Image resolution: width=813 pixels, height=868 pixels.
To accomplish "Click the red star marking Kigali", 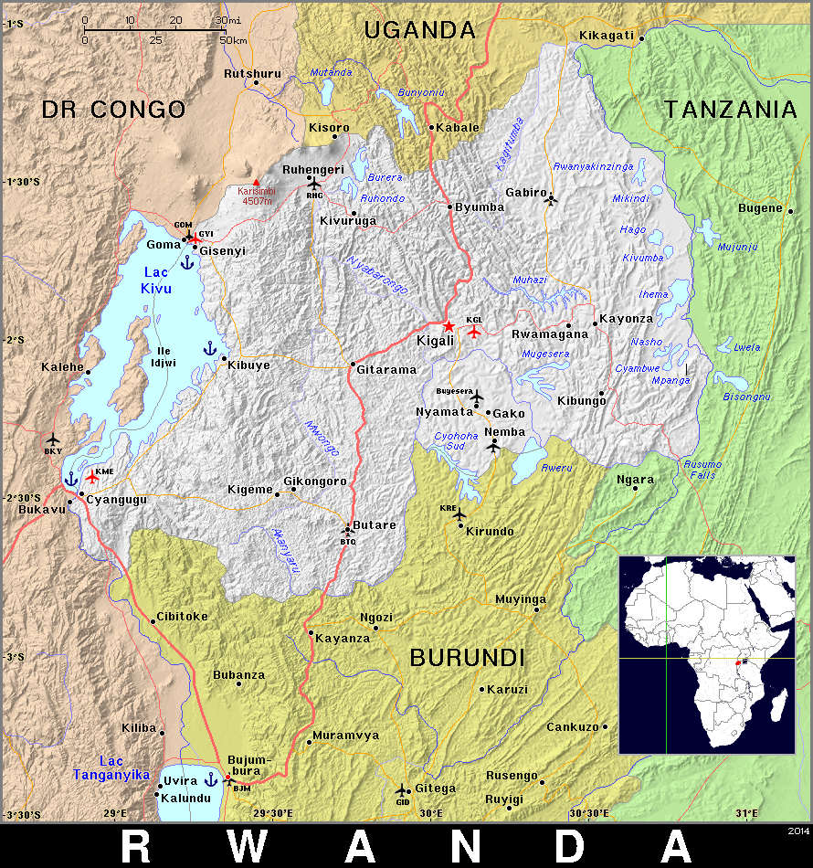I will pos(449,326).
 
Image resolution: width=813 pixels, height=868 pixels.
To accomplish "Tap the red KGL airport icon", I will pos(473,332).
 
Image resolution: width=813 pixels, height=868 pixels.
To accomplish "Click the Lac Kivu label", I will pos(156,281).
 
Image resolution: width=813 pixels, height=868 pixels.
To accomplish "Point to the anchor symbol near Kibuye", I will pos(209,348).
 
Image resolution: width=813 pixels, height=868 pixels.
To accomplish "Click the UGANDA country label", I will pos(419,30).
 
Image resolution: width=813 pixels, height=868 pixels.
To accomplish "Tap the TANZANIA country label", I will pos(731,110).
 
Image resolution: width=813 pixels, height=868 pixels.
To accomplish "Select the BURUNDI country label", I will pos(467,657).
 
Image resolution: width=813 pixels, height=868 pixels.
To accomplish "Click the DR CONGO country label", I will pos(113,111).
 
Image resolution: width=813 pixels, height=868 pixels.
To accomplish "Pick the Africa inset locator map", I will pos(707,654).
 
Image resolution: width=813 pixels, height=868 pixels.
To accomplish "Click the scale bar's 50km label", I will pos(234,40).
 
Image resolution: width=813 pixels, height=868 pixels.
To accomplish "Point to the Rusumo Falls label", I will pos(702,470).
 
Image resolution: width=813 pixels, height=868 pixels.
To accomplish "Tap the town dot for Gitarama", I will pos(353,365).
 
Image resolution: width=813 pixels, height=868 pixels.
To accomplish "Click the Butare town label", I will pos(375,525).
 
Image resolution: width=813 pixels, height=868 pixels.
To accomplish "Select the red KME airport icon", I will pos(92,477).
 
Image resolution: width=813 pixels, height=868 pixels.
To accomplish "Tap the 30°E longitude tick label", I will pos(431,813).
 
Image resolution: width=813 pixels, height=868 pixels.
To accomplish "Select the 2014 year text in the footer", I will pos(797,831).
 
